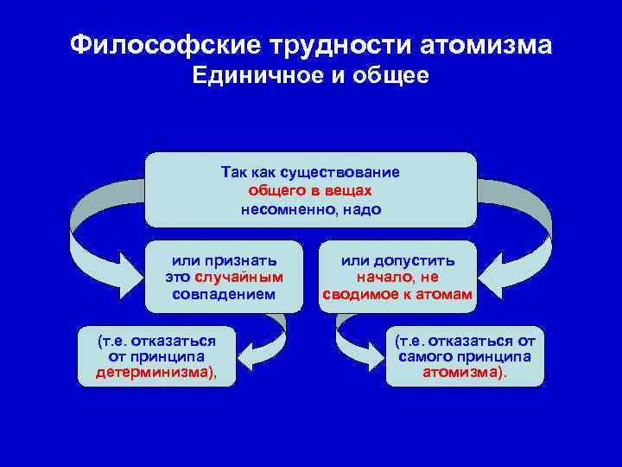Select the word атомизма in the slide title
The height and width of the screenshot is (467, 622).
pos(484,44)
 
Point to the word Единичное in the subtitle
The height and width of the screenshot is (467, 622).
pos(254,76)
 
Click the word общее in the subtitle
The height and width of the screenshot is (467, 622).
pos(390,76)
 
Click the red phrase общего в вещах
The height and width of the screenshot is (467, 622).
pos(310,190)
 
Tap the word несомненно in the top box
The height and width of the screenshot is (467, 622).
pos(289,209)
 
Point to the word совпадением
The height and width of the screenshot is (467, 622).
pos(224,294)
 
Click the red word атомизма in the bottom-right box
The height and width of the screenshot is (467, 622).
pos(463,373)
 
